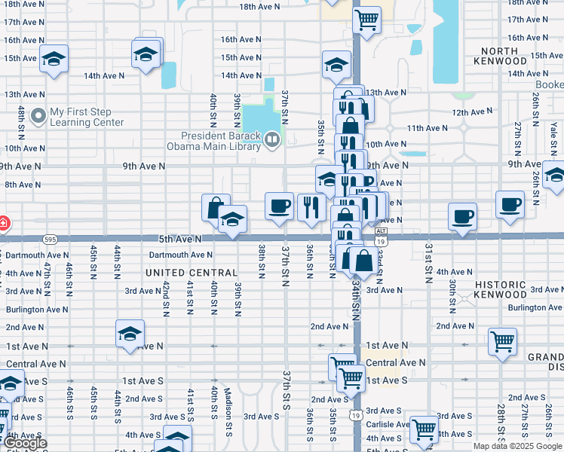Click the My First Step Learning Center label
[x=86, y=118]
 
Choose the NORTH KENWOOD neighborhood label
[x=504, y=55]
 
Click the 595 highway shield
[x=51, y=239]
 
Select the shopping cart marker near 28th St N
[x=501, y=341]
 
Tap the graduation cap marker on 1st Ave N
[x=130, y=333]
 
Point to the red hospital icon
[x=3, y=223]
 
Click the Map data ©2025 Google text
[x=517, y=446]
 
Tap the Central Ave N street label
[x=392, y=363]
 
